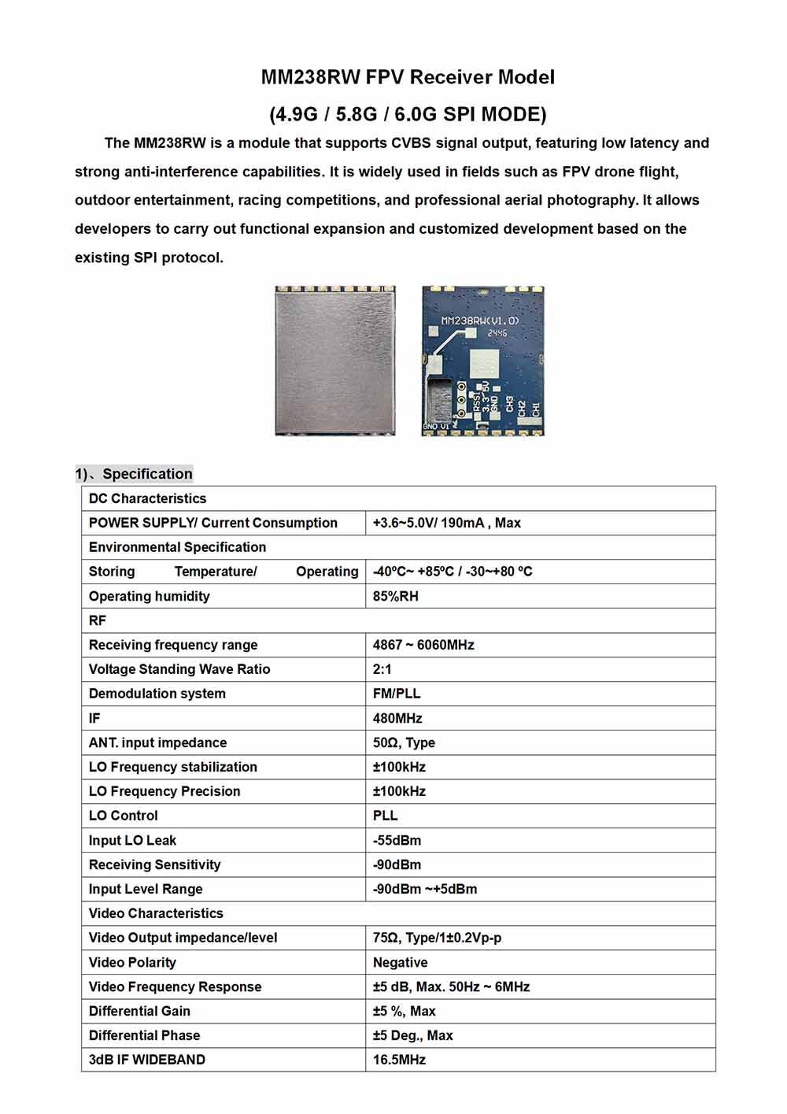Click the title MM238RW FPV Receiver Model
pos(408,77)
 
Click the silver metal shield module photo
pos(335,361)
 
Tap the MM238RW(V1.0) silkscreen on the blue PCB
pos(480,321)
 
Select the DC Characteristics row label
pos(147,498)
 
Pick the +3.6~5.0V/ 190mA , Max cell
pos(446,523)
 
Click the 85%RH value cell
pos(395,596)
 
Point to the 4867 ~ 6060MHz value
pos(423,645)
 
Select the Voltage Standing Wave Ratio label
pos(179,669)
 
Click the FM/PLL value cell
pos(397,694)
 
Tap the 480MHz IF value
pos(397,718)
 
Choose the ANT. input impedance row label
pos(157,742)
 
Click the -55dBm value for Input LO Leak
pos(397,840)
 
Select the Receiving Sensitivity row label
pos(154,864)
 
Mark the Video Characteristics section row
pos(156,913)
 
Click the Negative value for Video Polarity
pos(400,962)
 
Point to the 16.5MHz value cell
pos(399,1060)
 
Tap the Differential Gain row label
pos(139,1011)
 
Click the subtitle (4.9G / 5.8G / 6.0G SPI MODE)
pos(408,114)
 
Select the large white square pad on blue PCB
pos(485,364)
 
